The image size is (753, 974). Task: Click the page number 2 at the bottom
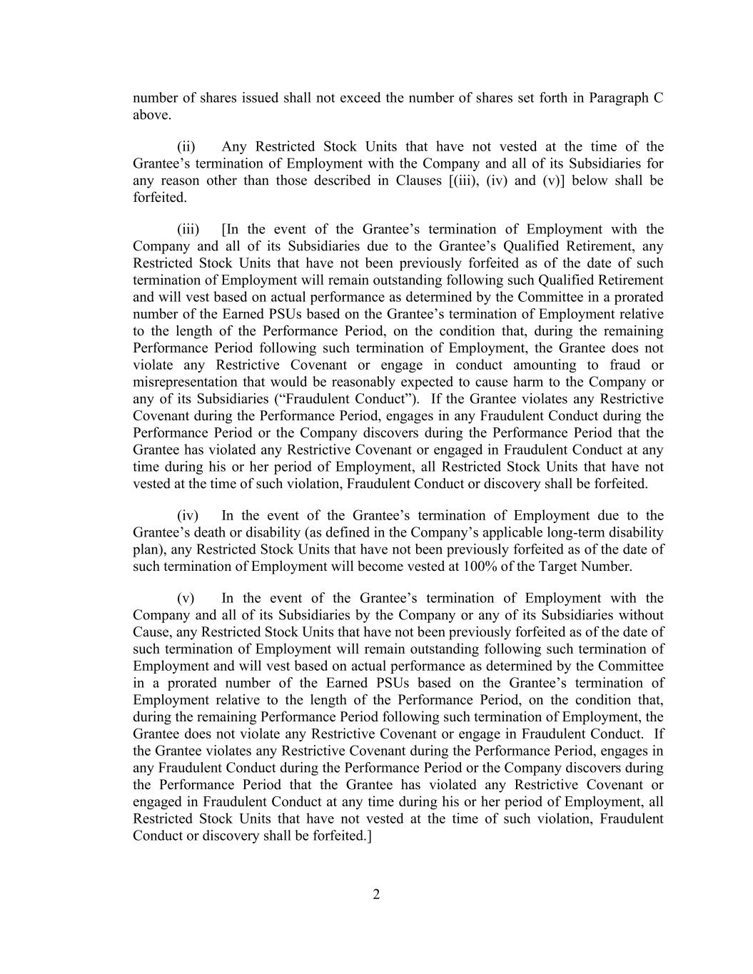pyautogui.click(x=376, y=895)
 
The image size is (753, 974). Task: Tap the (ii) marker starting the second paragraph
pyautogui.click(x=186, y=147)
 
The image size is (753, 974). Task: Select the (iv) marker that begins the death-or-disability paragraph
pyautogui.click(x=188, y=516)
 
